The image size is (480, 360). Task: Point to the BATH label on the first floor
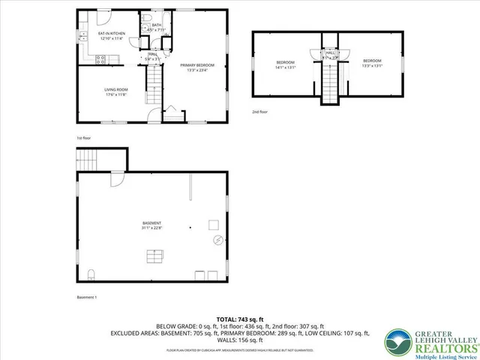point(157,25)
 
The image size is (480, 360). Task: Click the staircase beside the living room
point(154,77)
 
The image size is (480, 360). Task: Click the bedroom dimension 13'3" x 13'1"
point(373,65)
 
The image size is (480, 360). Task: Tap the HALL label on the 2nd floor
point(331,52)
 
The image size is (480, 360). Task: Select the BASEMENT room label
point(151,223)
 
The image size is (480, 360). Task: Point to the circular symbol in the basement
point(218,241)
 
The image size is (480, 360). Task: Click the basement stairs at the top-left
point(88,160)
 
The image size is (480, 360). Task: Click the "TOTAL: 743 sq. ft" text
point(239,319)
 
